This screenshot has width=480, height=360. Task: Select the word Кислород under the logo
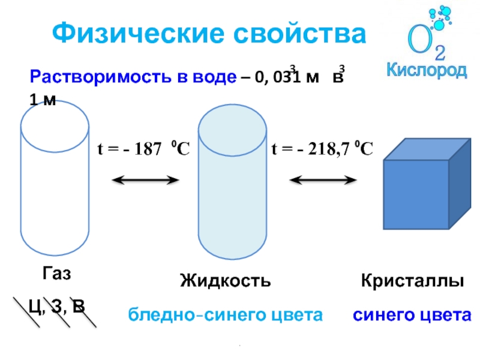426,70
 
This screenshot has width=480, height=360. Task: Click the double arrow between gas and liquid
146,179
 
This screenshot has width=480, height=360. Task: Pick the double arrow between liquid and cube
323,179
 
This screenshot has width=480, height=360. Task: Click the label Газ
56,274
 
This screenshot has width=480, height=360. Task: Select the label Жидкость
225,280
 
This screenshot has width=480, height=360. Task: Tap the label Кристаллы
413,280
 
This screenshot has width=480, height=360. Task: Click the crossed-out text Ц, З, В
56,307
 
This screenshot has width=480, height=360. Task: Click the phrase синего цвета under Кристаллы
412,314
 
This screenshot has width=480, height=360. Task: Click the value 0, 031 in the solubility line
278,78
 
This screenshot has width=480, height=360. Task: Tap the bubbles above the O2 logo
441,17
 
